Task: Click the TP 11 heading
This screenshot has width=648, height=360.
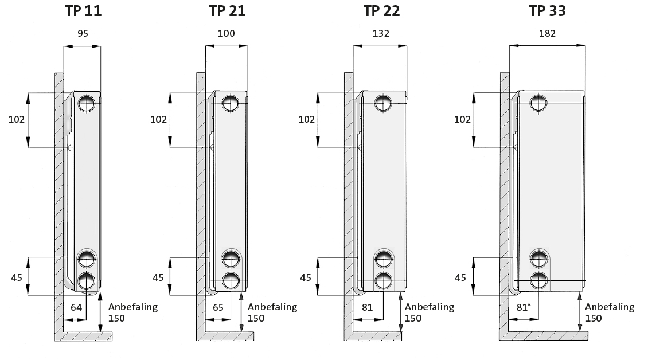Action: coord(83,11)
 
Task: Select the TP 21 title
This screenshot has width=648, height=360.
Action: coord(227,11)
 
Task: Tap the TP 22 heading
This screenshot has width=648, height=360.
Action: coord(381,11)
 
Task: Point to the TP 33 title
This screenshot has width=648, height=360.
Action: coord(547,11)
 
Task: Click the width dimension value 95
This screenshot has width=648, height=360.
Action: coord(83,33)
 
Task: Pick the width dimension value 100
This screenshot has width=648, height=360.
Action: coord(227,33)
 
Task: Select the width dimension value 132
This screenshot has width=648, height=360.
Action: coord(381,33)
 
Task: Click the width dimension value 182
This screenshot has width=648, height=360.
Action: coord(547,33)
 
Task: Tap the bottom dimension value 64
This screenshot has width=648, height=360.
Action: coord(76,307)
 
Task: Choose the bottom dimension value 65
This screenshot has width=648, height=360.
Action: coord(218,307)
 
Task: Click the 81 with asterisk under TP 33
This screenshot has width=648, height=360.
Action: coord(523,307)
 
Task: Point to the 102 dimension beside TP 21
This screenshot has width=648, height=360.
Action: coord(158,119)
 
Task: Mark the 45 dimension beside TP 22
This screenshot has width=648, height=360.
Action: coord(306,277)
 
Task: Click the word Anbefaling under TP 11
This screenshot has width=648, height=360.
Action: coord(133,307)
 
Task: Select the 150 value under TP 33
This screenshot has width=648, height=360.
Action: coord(594,318)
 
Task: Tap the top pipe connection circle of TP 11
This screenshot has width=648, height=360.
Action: coord(87,103)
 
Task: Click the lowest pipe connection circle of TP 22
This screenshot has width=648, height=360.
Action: coord(383,281)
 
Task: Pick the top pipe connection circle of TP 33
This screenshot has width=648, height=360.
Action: coord(538,103)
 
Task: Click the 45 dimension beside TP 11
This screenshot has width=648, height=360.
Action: coord(17,277)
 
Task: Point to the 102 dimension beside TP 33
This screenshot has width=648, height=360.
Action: coord(462,119)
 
